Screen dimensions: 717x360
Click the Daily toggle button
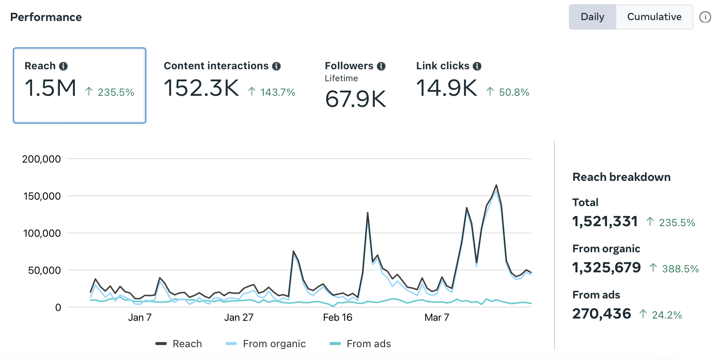[593, 17]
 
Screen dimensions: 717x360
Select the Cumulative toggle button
[654, 17]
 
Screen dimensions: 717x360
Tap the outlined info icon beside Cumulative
[705, 17]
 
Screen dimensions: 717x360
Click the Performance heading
[46, 17]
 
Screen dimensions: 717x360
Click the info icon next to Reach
[63, 66]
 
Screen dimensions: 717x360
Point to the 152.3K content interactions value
[201, 88]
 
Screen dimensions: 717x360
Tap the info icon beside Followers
[381, 66]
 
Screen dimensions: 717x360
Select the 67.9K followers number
[356, 99]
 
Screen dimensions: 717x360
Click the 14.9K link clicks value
[447, 88]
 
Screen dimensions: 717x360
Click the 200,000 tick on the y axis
[41, 159]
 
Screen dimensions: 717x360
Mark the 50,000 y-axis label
[44, 270]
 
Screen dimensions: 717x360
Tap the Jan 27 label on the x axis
[239, 317]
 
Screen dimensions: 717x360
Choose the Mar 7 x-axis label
[437, 317]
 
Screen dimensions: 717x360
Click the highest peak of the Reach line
[496, 185]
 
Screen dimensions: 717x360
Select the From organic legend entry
[265, 344]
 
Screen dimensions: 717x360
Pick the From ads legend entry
[360, 344]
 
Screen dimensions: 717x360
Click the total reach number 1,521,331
[605, 221]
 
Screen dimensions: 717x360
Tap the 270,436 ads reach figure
[601, 313]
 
